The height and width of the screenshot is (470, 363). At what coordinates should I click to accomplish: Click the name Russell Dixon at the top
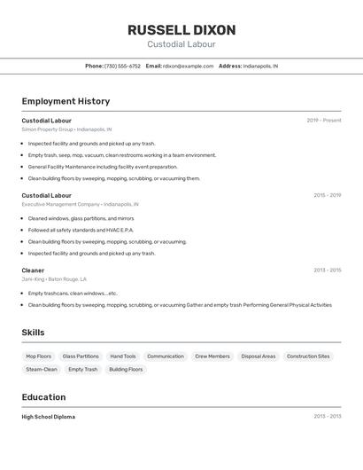click(181, 30)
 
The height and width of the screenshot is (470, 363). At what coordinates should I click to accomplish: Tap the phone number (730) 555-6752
click(122, 66)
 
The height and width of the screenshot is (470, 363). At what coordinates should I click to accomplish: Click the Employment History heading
click(66, 101)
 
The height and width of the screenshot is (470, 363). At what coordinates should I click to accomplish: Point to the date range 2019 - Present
click(324, 120)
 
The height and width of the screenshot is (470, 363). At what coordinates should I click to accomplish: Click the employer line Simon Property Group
click(66, 129)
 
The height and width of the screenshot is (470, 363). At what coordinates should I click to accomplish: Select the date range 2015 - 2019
click(327, 195)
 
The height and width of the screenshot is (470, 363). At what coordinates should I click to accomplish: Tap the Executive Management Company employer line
click(80, 204)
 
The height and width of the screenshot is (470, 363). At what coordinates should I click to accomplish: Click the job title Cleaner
click(33, 270)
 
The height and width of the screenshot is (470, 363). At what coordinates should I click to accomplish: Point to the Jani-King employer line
click(54, 279)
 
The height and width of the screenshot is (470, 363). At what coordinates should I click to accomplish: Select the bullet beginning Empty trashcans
click(73, 293)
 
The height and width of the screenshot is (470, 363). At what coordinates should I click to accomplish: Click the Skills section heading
click(33, 333)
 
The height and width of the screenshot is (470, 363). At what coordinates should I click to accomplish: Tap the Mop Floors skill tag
click(38, 356)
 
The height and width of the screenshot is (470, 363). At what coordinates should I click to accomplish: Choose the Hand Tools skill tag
click(123, 356)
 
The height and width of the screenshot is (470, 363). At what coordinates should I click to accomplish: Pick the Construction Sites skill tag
click(308, 356)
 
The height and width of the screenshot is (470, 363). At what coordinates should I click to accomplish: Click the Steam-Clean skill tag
click(42, 369)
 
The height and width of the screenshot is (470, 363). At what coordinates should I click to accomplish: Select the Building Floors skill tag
click(126, 369)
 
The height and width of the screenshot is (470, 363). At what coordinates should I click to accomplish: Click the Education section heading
click(43, 397)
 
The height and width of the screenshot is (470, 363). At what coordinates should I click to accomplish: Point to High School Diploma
click(49, 417)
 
